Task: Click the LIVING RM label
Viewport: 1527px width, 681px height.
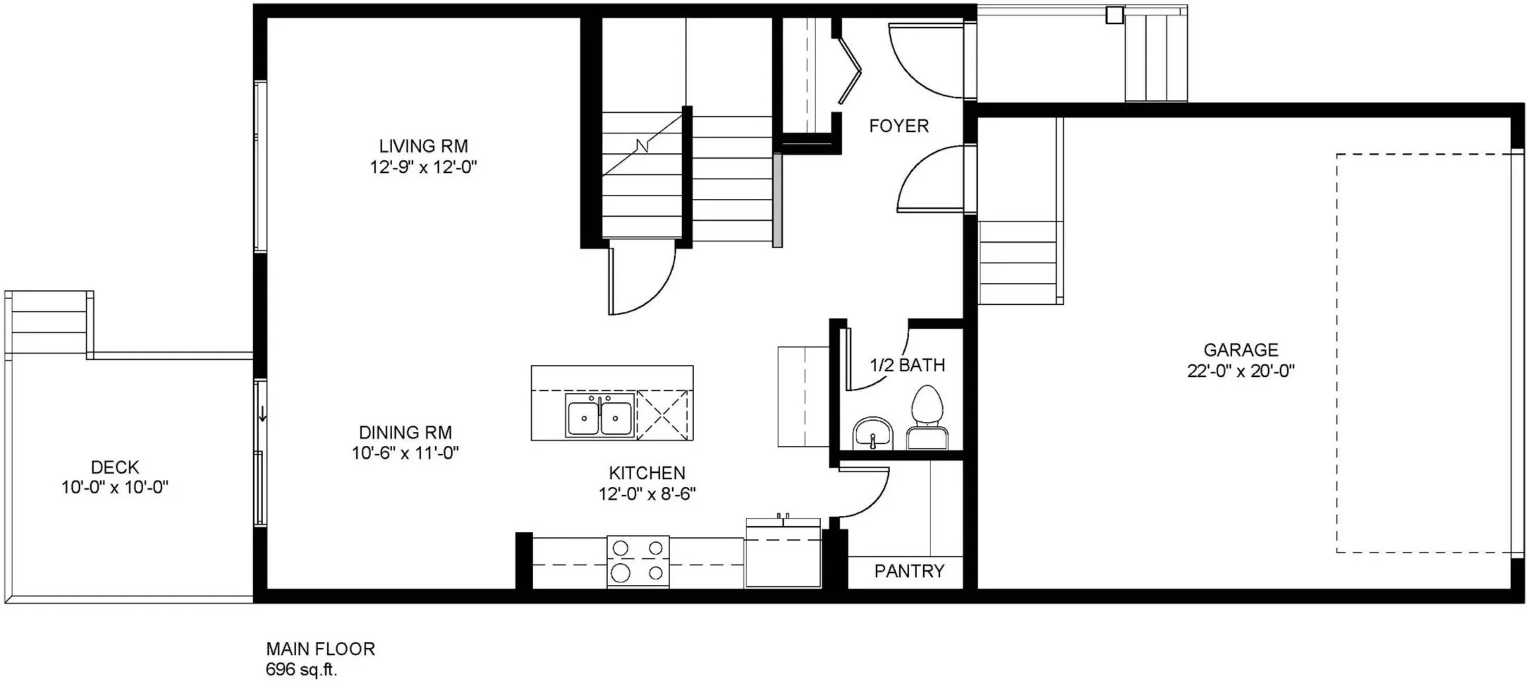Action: [x=423, y=146]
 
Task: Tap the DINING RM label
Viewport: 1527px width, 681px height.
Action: [x=406, y=433]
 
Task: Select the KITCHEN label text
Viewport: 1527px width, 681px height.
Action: [x=647, y=473]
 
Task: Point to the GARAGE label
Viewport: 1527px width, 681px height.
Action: [x=1241, y=350]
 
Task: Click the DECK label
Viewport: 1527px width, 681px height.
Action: [x=115, y=467]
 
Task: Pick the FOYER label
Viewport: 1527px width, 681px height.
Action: [x=899, y=126]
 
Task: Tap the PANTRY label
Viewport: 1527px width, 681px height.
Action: [x=909, y=571]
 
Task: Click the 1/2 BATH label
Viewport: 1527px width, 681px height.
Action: [x=907, y=366]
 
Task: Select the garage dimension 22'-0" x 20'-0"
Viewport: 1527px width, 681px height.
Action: [x=1241, y=371]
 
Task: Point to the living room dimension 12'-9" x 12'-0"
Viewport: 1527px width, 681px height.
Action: [x=423, y=168]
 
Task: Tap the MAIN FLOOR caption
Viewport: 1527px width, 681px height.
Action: [x=320, y=649]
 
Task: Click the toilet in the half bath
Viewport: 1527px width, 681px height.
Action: [x=926, y=417]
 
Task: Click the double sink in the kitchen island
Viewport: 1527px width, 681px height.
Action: [x=600, y=416]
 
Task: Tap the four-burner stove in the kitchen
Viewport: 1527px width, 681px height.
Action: [x=638, y=561]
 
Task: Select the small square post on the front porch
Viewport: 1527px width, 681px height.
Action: [x=1114, y=15]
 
